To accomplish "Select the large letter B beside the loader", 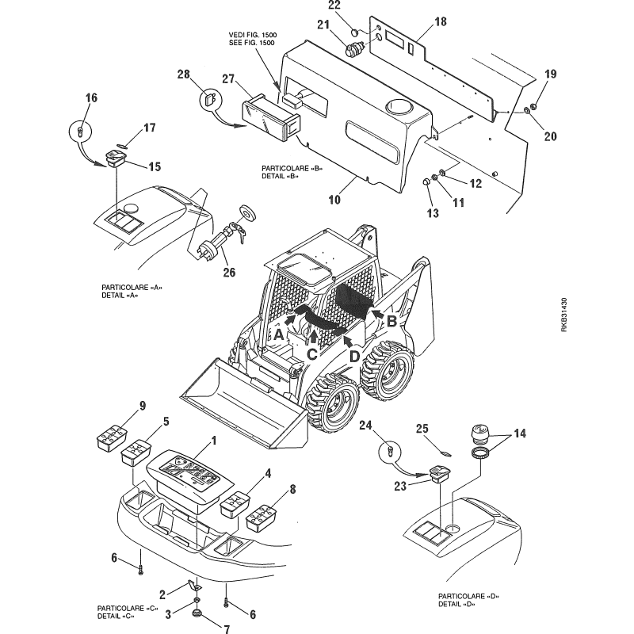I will (x=391, y=320).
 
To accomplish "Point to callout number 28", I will (x=183, y=76).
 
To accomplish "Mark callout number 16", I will (x=91, y=97).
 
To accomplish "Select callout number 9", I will (x=143, y=407).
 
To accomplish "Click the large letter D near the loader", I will (x=354, y=356).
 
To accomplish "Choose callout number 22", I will (x=357, y=6).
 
